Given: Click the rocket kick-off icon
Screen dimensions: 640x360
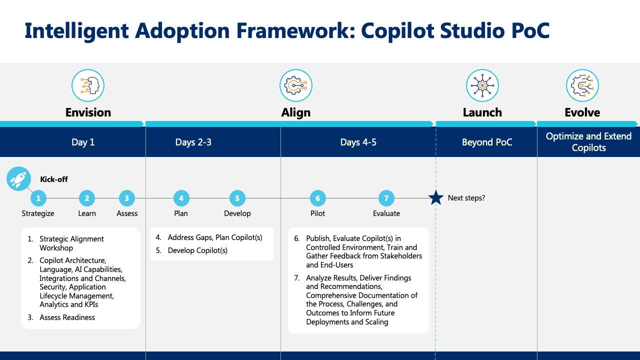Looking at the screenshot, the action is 19,179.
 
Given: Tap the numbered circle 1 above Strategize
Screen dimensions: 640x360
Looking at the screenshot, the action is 38,198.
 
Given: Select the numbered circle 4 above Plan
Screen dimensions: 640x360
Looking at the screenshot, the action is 181,198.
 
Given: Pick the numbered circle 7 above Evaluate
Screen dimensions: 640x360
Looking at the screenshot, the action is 386,198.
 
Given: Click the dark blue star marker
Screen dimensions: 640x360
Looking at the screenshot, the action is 436,197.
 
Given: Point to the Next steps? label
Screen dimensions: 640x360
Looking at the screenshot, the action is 466,198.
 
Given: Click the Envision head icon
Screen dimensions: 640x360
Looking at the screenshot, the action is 88,85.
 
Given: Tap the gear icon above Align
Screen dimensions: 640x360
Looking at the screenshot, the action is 295,85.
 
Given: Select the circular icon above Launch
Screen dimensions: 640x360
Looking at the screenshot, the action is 482,85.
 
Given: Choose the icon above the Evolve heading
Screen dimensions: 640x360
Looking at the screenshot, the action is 582,85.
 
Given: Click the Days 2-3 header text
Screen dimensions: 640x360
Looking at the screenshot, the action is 193,142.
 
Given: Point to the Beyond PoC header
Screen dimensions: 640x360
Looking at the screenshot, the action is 487,142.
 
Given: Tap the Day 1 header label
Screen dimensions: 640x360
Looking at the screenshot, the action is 83,142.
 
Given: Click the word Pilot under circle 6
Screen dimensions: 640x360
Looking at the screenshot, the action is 317,213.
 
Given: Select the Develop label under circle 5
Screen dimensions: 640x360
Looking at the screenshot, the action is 237,213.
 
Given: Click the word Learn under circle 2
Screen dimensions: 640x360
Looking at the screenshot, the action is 87,213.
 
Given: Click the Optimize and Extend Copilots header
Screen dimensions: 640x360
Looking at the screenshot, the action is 588,142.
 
